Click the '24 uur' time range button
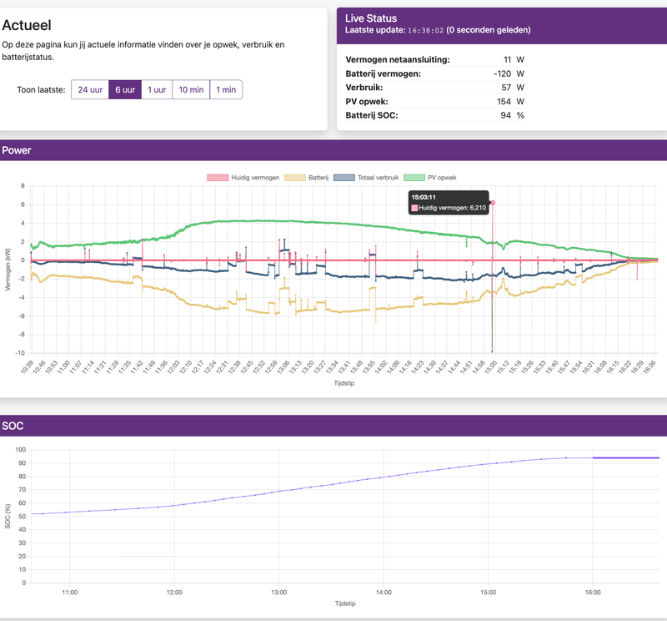90,89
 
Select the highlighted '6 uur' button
125,89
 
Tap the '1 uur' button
157,89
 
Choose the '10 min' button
191,89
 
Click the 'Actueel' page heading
33,25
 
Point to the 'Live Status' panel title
371,18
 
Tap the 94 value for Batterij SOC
504,114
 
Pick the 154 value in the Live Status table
503,100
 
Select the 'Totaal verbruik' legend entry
370,177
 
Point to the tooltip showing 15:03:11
450,202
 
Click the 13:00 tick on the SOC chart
278,592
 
